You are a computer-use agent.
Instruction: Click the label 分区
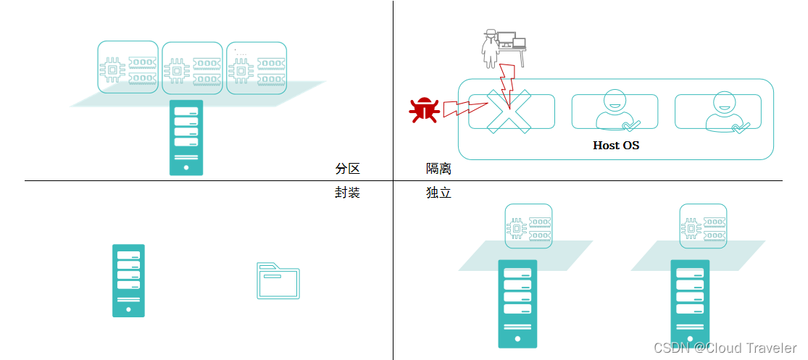[347, 169]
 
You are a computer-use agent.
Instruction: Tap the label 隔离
[438, 169]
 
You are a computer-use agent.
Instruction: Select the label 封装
[347, 193]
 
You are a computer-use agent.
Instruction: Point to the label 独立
[438, 193]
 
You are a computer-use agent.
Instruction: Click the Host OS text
[616, 145]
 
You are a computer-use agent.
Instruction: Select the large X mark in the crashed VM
[509, 112]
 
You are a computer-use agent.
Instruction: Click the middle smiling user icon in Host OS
[614, 111]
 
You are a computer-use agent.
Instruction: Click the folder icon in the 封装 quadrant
[278, 281]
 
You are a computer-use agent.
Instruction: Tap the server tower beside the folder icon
[128, 280]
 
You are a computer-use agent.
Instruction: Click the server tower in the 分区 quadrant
[186, 138]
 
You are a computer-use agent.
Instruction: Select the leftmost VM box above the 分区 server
[128, 67]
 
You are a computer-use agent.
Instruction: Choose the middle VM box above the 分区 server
[192, 68]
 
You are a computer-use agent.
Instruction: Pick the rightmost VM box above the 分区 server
[257, 68]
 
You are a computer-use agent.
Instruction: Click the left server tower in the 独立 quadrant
[517, 304]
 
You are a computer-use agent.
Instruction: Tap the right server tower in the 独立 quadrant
[690, 304]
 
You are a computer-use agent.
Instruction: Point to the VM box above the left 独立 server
[529, 226]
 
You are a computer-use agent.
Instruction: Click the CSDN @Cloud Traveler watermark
[725, 348]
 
